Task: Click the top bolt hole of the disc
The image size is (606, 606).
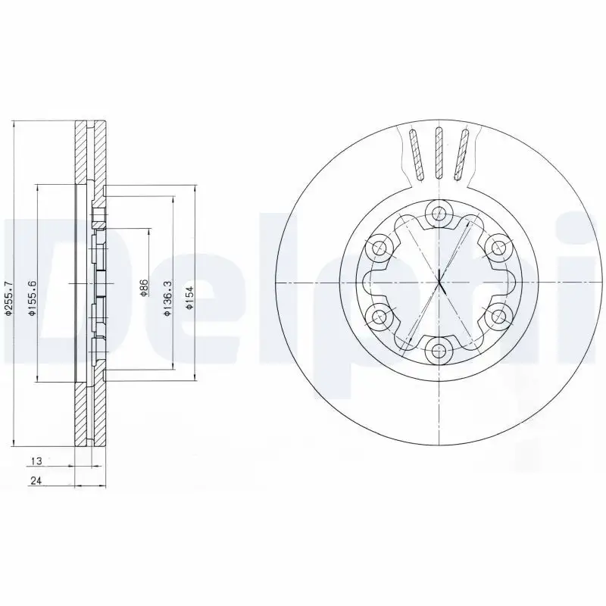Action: (438, 212)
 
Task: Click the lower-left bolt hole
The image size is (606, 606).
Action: (377, 314)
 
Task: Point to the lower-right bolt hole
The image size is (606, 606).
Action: (498, 314)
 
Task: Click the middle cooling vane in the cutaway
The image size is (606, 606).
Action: (438, 155)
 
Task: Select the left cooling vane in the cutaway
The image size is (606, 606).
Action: (415, 155)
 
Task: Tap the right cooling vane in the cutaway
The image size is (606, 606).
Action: (461, 155)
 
